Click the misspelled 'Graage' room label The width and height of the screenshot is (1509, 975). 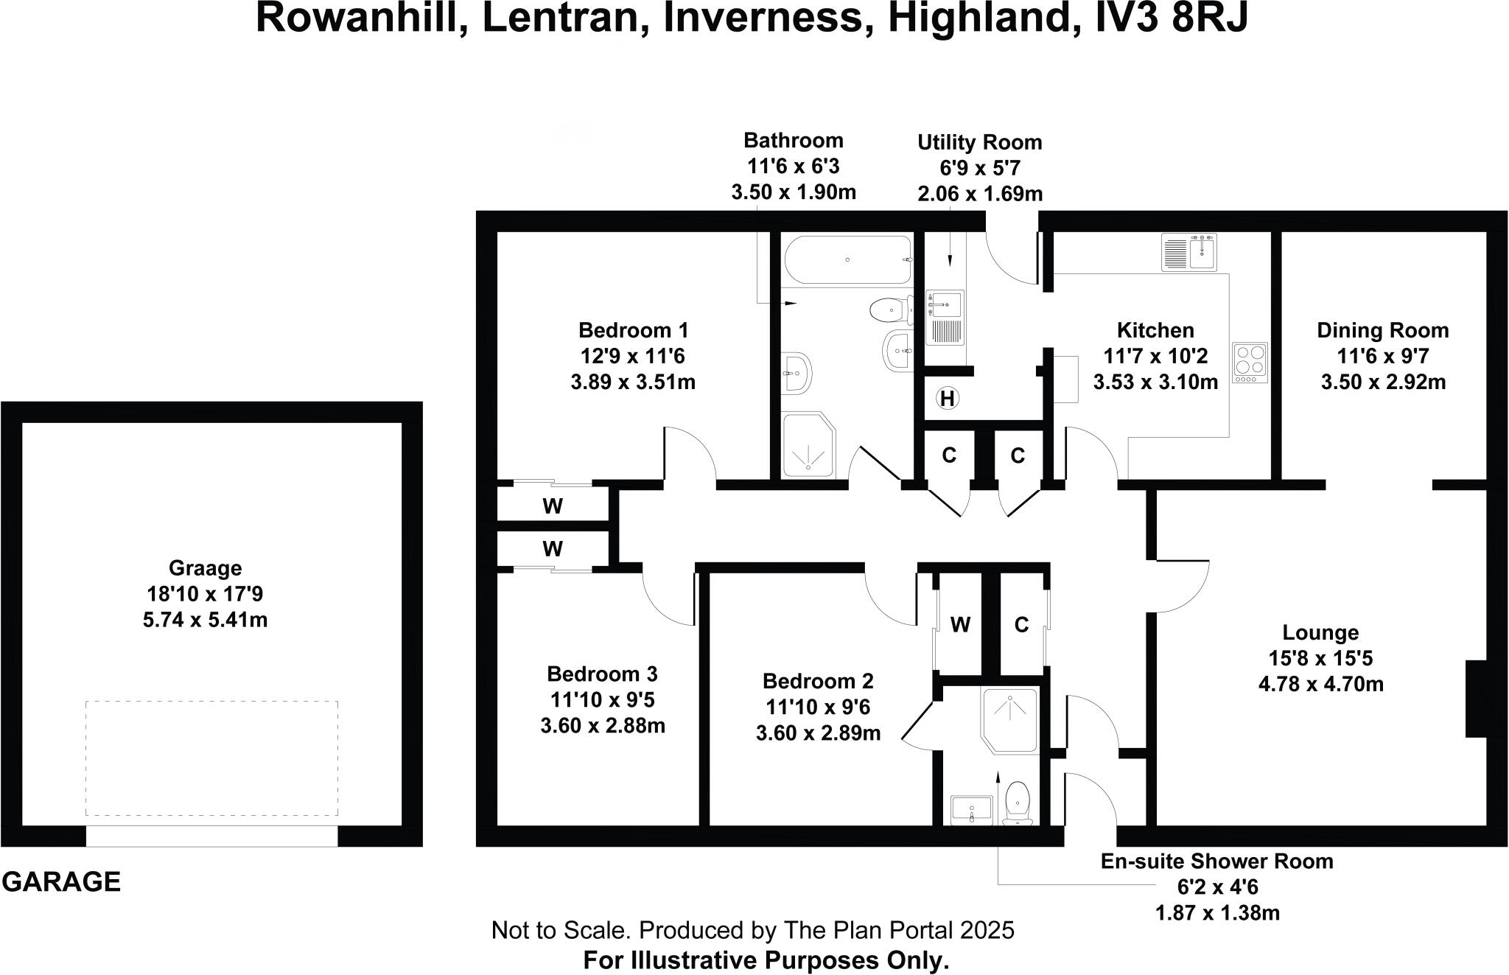205,568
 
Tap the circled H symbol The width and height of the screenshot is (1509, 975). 948,399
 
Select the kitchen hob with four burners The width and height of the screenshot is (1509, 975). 1250,363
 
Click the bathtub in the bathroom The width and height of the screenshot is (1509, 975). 847,260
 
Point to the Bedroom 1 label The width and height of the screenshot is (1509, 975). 633,330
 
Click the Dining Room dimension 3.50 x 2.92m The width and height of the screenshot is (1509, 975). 1382,382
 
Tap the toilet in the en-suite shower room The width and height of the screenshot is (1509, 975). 1018,803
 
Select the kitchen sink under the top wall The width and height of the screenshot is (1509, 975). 1189,253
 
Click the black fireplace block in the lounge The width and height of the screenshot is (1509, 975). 1475,699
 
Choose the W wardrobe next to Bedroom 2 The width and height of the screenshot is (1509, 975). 959,625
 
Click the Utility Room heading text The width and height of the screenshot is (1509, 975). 979,142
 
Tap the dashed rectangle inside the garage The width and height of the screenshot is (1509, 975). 211,758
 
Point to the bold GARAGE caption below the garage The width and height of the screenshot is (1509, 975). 61,882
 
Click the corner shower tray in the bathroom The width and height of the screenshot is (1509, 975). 809,444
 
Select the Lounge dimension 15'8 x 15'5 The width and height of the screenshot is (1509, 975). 1320,658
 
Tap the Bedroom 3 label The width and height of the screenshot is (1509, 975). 602,674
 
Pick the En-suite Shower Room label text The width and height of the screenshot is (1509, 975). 1216,861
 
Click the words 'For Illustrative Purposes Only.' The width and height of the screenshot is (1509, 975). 766,960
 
